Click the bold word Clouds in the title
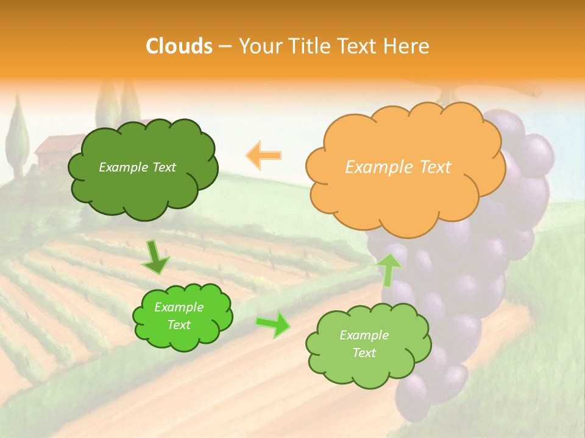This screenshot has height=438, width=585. click(179, 46)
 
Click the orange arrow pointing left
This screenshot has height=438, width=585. click(263, 155)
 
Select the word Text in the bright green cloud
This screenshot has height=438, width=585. click(179, 325)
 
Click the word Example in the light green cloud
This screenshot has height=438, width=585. click(364, 335)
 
